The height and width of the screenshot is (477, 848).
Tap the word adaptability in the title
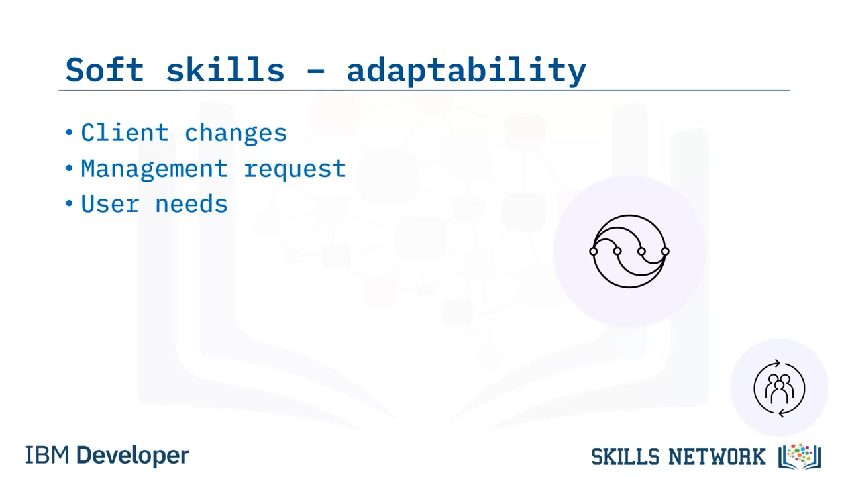(x=466, y=71)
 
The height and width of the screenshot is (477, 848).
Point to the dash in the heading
(x=315, y=71)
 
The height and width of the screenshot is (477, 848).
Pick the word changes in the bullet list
(x=235, y=134)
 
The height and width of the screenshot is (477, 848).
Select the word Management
(x=154, y=169)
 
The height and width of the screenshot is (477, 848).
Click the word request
(x=295, y=170)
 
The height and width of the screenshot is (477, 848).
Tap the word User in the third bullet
(x=110, y=203)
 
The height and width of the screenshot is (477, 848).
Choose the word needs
(x=191, y=203)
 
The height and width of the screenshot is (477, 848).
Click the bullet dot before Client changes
(x=69, y=132)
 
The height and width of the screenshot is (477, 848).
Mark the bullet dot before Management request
(x=69, y=168)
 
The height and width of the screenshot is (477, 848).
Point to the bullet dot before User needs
(x=69, y=203)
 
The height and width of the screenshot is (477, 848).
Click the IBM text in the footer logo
(x=47, y=455)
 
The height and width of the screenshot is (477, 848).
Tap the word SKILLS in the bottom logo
(x=625, y=456)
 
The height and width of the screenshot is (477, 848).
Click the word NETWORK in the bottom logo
(x=717, y=456)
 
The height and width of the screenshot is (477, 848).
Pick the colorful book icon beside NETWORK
(x=800, y=456)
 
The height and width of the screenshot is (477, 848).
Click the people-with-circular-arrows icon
(x=779, y=388)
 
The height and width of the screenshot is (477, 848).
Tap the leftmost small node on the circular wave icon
(x=594, y=251)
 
